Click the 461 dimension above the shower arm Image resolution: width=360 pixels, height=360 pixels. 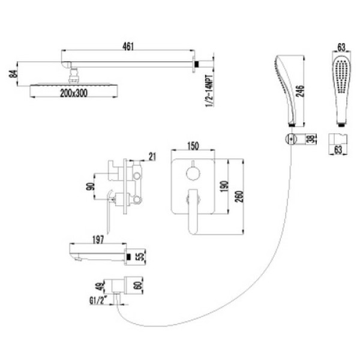[128, 46]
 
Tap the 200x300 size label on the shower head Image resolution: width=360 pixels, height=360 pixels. [74, 93]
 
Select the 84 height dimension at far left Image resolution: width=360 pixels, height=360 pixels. [14, 74]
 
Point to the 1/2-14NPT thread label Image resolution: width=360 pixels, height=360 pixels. [209, 91]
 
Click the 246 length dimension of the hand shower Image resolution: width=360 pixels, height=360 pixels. [300, 91]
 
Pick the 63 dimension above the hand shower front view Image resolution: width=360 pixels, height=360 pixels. [341, 47]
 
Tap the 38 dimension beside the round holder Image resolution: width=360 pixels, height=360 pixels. [311, 139]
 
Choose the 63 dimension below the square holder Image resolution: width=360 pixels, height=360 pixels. [338, 149]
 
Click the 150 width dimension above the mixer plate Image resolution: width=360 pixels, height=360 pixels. [193, 146]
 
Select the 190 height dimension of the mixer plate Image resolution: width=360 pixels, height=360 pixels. [224, 187]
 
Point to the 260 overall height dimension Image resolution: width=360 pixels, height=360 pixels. [239, 197]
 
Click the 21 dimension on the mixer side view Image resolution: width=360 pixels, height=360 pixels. [152, 157]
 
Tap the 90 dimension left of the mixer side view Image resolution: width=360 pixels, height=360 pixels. [91, 187]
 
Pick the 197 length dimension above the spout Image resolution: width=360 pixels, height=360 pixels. [98, 239]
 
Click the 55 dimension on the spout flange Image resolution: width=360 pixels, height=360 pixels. [142, 256]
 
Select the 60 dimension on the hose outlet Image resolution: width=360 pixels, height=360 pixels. [139, 286]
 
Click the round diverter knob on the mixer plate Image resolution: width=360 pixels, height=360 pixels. [193, 174]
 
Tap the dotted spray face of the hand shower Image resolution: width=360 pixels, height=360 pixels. [341, 76]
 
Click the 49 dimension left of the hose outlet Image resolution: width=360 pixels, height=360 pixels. [100, 287]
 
